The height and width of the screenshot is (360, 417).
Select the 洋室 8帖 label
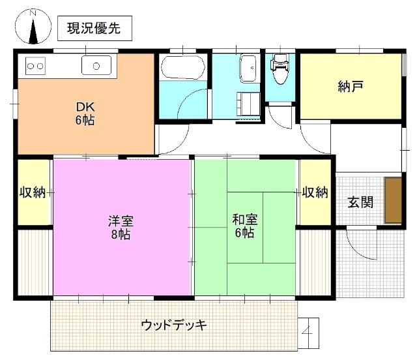click(x=120, y=226)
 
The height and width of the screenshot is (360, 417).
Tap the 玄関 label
click(x=360, y=202)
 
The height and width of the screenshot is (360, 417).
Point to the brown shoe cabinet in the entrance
click(x=393, y=201)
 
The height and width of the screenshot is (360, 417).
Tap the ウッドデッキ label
click(x=175, y=324)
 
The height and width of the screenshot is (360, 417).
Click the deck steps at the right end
click(x=308, y=329)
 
